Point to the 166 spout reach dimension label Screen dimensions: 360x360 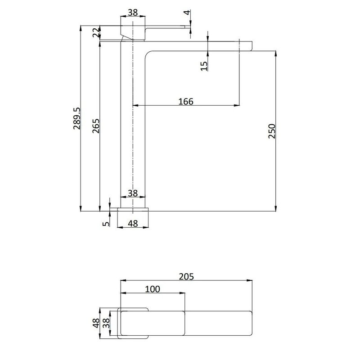pos(185,101)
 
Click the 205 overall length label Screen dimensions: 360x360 pos(186,276)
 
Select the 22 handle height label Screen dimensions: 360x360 pos(96,33)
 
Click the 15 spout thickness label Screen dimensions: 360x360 pos(203,66)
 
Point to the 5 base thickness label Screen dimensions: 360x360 pos(106,222)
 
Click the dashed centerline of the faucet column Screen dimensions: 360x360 pos(133,135)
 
